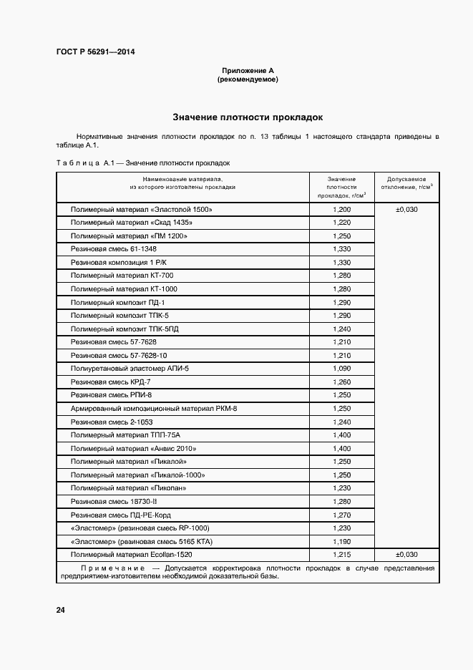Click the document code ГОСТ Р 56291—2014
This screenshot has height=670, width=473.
(x=95, y=52)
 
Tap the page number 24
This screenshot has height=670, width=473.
(x=60, y=610)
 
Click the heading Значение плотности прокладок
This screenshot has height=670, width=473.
(x=248, y=116)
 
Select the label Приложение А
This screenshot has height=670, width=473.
(x=248, y=71)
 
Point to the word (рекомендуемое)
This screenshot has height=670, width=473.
(x=248, y=79)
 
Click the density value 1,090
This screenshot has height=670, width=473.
(x=342, y=369)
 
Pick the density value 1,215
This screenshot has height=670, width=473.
(x=342, y=555)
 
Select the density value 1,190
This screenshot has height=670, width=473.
(x=342, y=541)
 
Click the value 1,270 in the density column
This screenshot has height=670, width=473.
(x=342, y=515)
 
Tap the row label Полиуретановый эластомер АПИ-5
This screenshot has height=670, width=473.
(x=130, y=369)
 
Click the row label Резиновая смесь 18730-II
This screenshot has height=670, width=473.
(x=113, y=501)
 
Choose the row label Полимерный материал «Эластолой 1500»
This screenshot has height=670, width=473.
(x=142, y=210)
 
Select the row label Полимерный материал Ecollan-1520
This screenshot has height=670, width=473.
(x=132, y=555)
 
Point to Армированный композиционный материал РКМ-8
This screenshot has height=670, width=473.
(x=153, y=408)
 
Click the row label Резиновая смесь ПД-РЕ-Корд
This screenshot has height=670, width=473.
(x=121, y=515)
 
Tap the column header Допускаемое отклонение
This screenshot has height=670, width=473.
(x=406, y=183)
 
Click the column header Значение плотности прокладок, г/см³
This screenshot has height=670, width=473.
(x=342, y=187)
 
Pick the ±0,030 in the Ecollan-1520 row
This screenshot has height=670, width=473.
(x=406, y=555)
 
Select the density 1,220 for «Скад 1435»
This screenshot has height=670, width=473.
(x=342, y=223)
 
